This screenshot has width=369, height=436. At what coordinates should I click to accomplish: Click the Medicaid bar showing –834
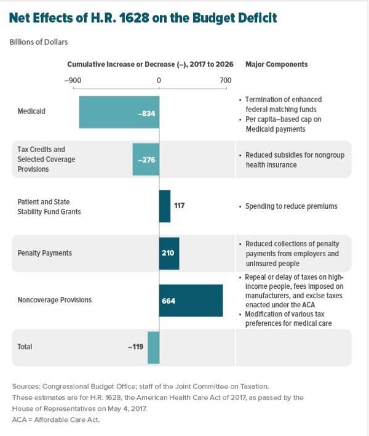(119, 112)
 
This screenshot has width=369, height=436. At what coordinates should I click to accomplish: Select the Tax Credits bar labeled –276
(146, 159)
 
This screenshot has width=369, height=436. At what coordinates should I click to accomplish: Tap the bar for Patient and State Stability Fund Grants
(165, 206)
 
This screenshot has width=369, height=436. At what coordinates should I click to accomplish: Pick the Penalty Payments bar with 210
(169, 253)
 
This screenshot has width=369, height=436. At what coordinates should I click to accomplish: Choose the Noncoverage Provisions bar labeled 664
(191, 301)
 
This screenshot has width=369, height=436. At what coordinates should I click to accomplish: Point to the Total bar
(153, 347)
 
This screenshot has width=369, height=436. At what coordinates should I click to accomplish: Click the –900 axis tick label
(73, 80)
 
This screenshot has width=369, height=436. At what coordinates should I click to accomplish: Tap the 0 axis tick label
(159, 80)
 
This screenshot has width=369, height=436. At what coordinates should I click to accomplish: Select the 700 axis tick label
(225, 80)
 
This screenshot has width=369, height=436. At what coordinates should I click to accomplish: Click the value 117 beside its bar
(179, 206)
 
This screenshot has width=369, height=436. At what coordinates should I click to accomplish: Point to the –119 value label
(136, 347)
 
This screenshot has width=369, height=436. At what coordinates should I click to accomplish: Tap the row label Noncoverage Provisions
(55, 301)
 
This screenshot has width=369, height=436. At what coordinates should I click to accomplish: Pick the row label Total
(25, 347)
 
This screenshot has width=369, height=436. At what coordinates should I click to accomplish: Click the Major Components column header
(277, 65)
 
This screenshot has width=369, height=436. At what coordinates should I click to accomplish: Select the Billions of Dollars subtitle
(39, 42)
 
